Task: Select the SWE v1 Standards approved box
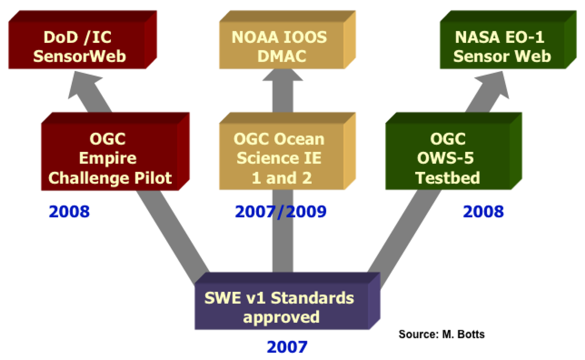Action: click(279, 307)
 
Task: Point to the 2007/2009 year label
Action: click(281, 212)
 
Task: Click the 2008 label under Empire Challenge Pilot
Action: click(69, 212)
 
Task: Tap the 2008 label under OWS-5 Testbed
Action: click(483, 212)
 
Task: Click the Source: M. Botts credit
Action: click(441, 334)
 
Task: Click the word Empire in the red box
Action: click(108, 158)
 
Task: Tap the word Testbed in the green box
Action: click(447, 178)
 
